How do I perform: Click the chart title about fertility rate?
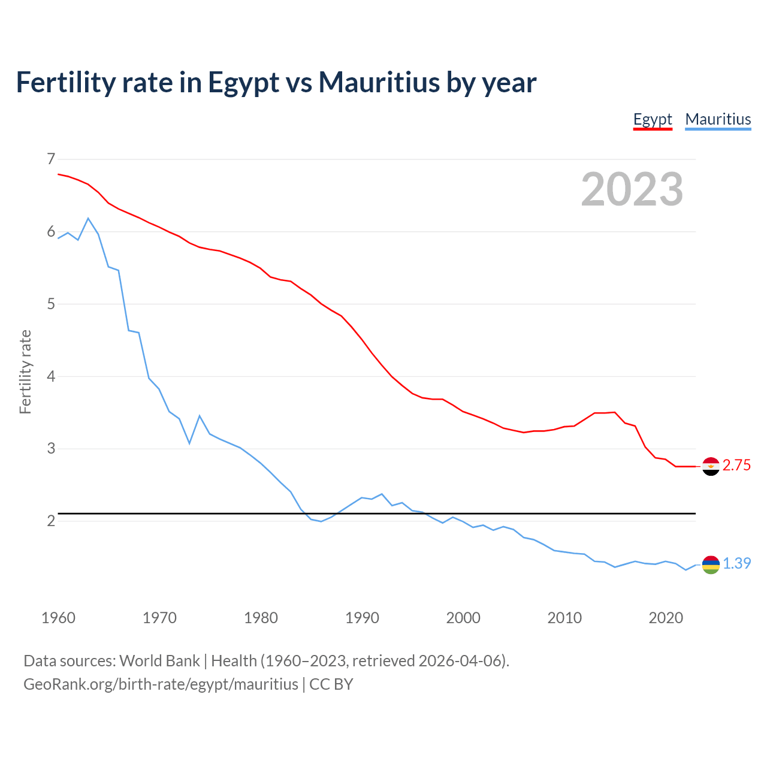(x=276, y=83)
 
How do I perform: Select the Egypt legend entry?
(x=653, y=119)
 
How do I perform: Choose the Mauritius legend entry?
(x=718, y=119)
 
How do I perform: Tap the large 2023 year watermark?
(x=632, y=189)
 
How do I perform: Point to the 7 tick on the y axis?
(x=51, y=159)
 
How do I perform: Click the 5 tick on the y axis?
(x=51, y=304)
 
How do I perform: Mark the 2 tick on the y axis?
(x=51, y=521)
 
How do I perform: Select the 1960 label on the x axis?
(x=58, y=618)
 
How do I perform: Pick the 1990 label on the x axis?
(x=362, y=618)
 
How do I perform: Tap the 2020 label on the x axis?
(x=666, y=618)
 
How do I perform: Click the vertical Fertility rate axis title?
(x=25, y=372)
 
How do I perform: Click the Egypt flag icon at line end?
(x=711, y=466)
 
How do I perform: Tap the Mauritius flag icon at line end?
(x=711, y=564)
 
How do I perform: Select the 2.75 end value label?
(x=736, y=466)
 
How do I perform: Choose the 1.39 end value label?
(x=736, y=564)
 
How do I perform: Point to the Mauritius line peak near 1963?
(x=88, y=218)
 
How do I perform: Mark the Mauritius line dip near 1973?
(x=189, y=443)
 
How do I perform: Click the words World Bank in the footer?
(x=159, y=661)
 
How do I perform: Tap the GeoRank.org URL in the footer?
(x=161, y=684)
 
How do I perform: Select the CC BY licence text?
(x=331, y=684)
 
